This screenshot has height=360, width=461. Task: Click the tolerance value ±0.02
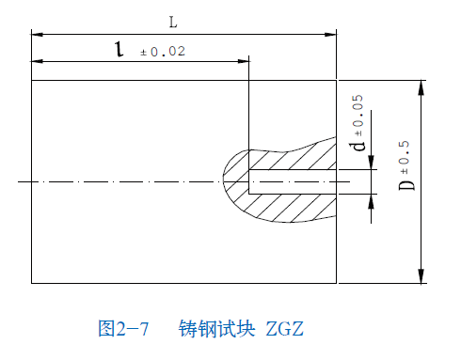pyautogui.click(x=163, y=52)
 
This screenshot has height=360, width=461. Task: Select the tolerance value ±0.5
pyautogui.click(x=405, y=150)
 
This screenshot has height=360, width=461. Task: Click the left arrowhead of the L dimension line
pyautogui.click(x=37, y=34)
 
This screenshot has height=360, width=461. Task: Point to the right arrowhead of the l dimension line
pyautogui.click(x=244, y=62)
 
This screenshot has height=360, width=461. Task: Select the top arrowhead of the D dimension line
pyautogui.click(x=420, y=86)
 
